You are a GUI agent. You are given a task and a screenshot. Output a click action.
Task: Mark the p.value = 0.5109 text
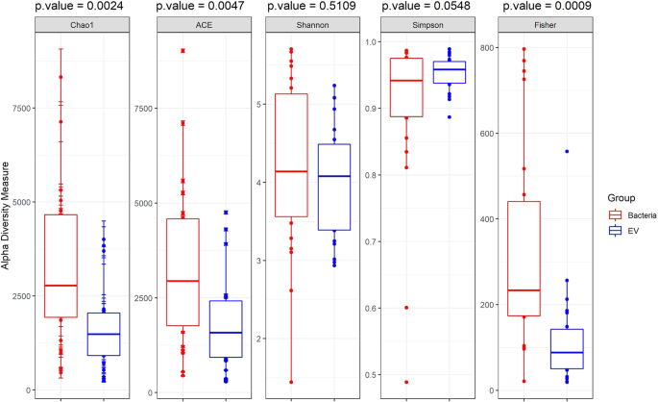point(307,8)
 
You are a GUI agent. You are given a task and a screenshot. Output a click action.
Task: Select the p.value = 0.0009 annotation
point(542,8)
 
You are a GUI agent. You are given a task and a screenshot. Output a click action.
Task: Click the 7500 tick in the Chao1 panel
point(16,110)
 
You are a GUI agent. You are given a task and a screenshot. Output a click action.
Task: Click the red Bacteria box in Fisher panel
point(524,258)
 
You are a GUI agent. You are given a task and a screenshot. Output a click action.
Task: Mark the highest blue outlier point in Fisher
point(567,151)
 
